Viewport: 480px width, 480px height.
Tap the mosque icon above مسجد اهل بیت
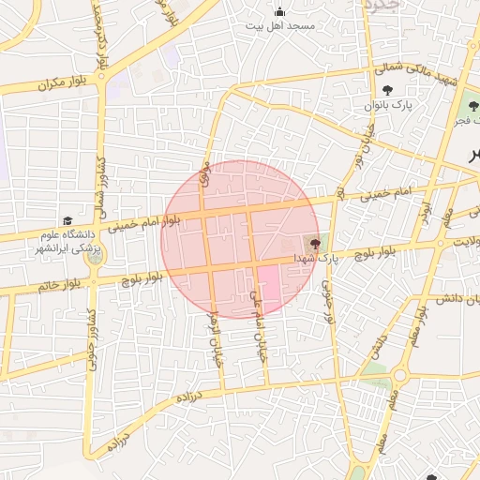click(x=280, y=11)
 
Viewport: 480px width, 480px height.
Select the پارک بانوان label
click(x=389, y=106)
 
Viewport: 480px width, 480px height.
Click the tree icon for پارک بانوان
click(x=388, y=91)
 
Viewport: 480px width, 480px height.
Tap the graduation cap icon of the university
click(x=67, y=220)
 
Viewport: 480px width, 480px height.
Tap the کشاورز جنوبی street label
click(x=92, y=338)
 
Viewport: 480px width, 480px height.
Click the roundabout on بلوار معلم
click(x=399, y=375)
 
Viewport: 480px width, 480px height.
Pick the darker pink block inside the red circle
click(x=268, y=287)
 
